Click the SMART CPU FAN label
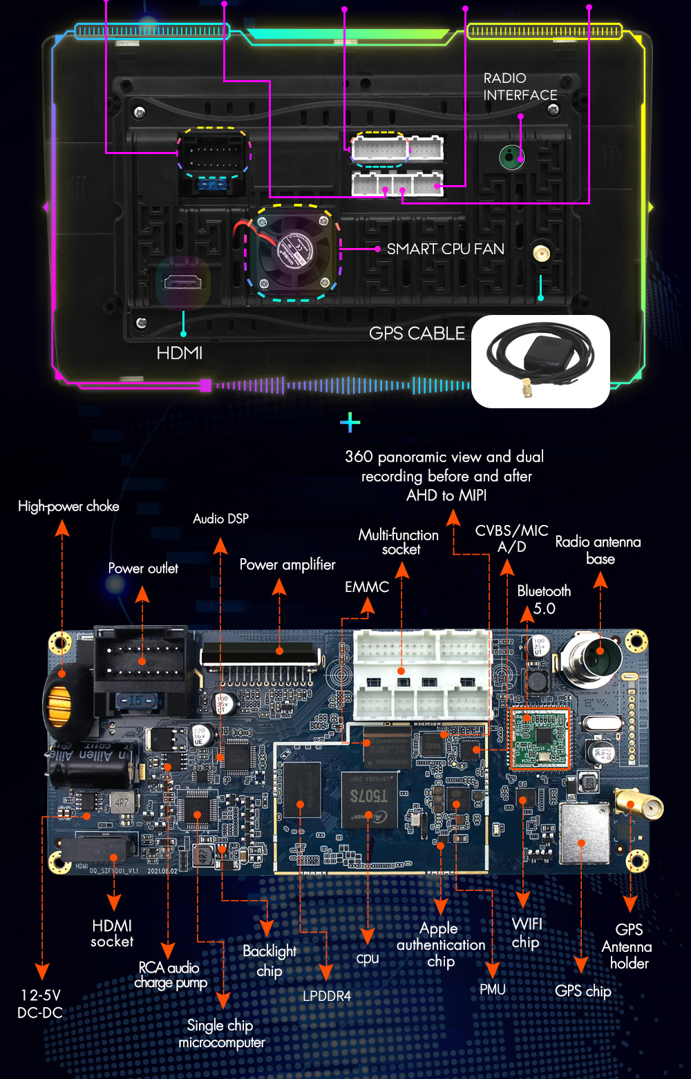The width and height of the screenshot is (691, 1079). click(x=445, y=249)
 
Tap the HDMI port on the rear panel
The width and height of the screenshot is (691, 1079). click(x=182, y=282)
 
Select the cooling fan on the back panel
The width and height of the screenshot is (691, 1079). click(x=291, y=251)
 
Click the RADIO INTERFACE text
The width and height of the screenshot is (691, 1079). click(x=520, y=87)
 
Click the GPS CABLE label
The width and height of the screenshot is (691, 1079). click(x=417, y=334)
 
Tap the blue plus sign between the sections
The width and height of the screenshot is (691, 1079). click(x=350, y=422)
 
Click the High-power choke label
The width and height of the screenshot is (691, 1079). click(x=68, y=506)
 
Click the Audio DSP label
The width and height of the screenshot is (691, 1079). click(x=220, y=519)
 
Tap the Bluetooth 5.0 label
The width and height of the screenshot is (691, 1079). click(x=544, y=600)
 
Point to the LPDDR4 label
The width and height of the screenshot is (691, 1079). click(x=327, y=996)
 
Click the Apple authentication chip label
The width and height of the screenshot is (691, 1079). click(x=441, y=944)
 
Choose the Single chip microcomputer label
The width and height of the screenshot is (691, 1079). click(x=221, y=1034)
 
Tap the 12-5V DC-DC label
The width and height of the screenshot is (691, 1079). click(x=40, y=1004)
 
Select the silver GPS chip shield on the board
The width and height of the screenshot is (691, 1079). click(x=584, y=834)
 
